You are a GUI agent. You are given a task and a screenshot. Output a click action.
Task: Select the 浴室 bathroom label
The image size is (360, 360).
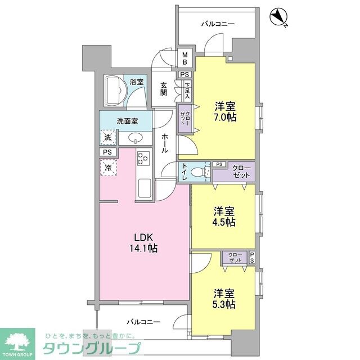136,82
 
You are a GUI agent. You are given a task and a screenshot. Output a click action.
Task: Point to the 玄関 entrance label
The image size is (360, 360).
164,89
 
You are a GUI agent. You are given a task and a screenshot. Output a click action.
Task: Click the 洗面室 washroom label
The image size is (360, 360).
126,121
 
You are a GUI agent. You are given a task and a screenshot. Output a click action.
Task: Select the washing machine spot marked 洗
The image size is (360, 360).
107,137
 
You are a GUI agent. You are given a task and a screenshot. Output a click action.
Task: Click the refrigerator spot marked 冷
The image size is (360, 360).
107,167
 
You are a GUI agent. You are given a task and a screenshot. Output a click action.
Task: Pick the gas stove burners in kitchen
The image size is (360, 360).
143,159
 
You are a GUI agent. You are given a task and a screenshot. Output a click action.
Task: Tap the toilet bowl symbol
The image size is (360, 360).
197,172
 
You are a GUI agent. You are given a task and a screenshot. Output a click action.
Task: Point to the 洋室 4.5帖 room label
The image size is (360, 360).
224,217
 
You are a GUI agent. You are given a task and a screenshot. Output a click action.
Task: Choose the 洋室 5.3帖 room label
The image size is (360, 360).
224,299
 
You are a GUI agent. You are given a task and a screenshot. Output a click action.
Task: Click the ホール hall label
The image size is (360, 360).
164,144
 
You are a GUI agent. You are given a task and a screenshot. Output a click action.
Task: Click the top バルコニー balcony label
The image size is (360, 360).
218,24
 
